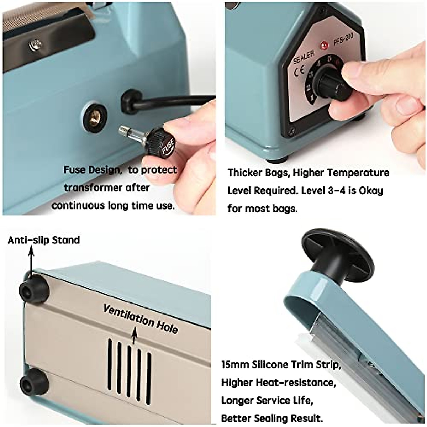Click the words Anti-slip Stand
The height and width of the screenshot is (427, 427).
point(44,240)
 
